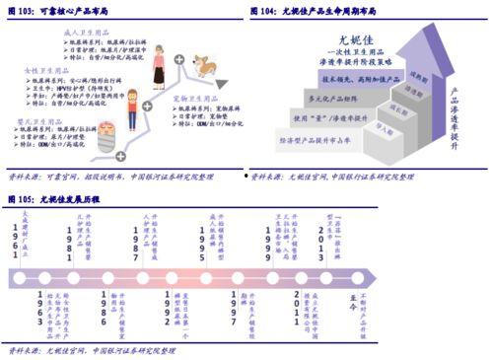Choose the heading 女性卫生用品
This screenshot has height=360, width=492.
(44, 71)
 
